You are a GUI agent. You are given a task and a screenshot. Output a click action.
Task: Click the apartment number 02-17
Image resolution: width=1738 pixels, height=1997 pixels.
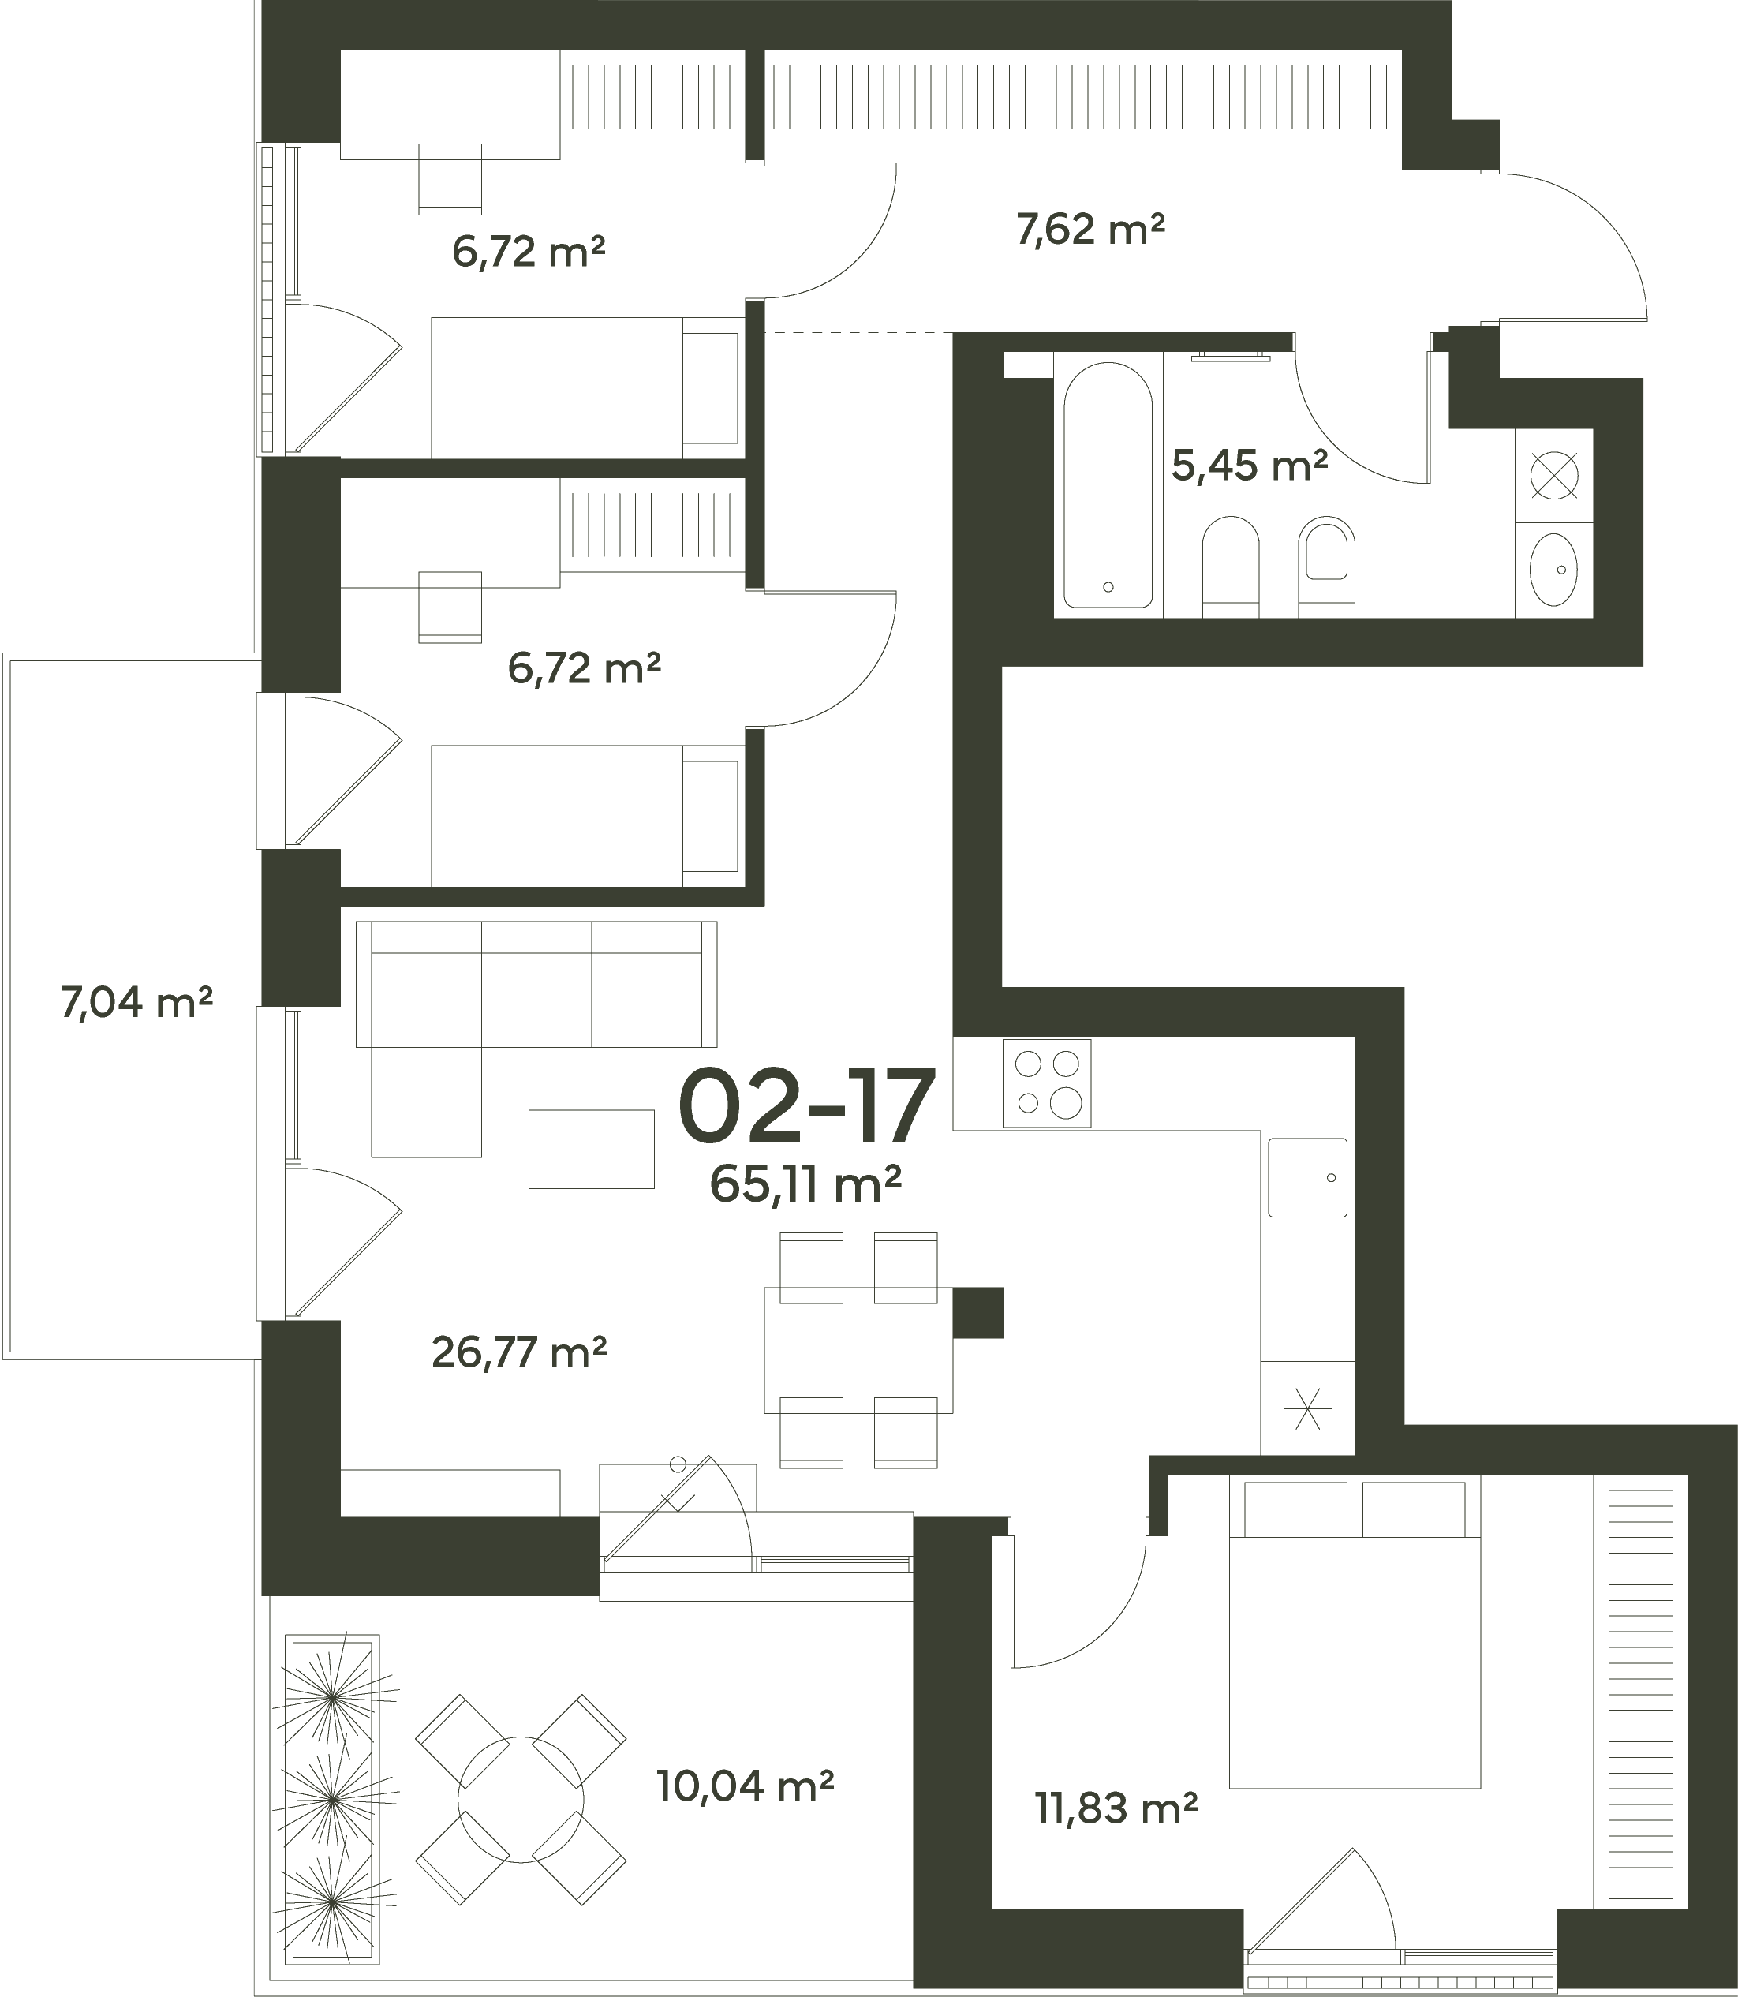(806, 1107)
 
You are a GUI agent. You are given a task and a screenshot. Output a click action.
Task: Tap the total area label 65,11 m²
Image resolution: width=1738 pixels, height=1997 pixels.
(806, 1184)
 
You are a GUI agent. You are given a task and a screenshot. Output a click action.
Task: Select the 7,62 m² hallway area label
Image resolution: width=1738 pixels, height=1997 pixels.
(1090, 230)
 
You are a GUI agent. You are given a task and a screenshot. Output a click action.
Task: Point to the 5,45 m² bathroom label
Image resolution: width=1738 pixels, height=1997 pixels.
(1249, 466)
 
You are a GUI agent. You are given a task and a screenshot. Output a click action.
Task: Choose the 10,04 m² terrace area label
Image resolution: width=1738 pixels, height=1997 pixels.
(745, 1786)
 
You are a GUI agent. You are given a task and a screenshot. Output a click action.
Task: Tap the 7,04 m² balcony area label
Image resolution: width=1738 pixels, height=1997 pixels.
(136, 1002)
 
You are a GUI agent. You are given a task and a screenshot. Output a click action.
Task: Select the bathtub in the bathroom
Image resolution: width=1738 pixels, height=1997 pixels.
(1108, 485)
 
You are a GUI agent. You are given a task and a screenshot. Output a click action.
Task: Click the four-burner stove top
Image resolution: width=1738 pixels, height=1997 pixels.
(1046, 1083)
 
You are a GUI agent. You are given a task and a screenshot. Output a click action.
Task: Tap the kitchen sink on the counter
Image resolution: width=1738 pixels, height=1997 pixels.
(1307, 1177)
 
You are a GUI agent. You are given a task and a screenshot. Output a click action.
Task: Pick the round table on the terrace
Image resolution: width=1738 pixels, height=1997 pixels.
(521, 1799)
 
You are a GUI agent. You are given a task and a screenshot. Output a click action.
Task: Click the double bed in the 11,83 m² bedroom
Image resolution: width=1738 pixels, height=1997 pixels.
(1355, 1632)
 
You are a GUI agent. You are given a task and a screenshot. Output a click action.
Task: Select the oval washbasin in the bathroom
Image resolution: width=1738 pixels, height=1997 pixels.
(1553, 570)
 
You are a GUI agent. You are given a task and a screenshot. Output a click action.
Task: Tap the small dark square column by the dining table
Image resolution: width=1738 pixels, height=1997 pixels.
(977, 1313)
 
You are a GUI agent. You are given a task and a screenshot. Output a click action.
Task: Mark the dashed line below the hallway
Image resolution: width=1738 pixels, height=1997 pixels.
(858, 333)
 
